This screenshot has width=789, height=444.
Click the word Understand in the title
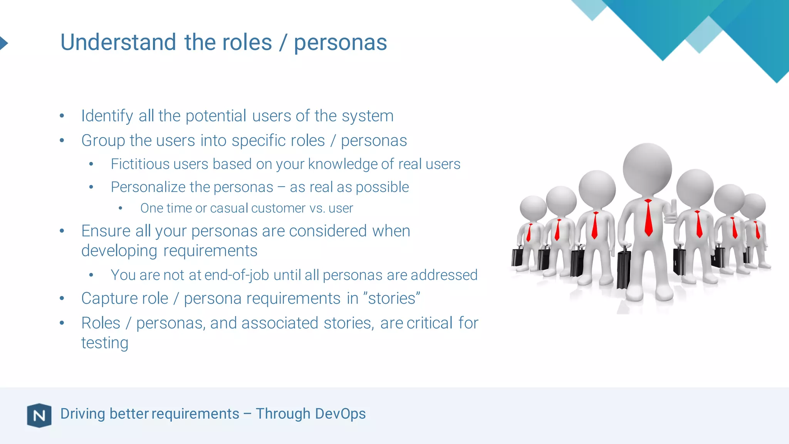point(118,42)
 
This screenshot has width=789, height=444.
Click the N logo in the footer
point(39,415)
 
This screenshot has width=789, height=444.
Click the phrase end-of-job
point(236,275)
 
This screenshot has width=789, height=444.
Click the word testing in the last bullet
point(104,343)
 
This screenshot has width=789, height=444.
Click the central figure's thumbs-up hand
point(672,212)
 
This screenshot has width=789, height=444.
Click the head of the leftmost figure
point(533,208)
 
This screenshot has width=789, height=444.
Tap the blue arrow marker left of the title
point(3,43)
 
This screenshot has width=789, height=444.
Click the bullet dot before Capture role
point(62,298)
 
